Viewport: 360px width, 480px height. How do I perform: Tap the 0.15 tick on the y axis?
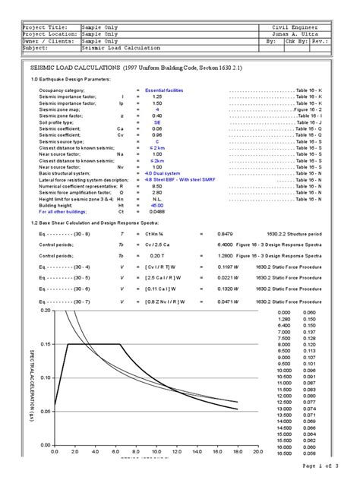pos(46,344)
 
